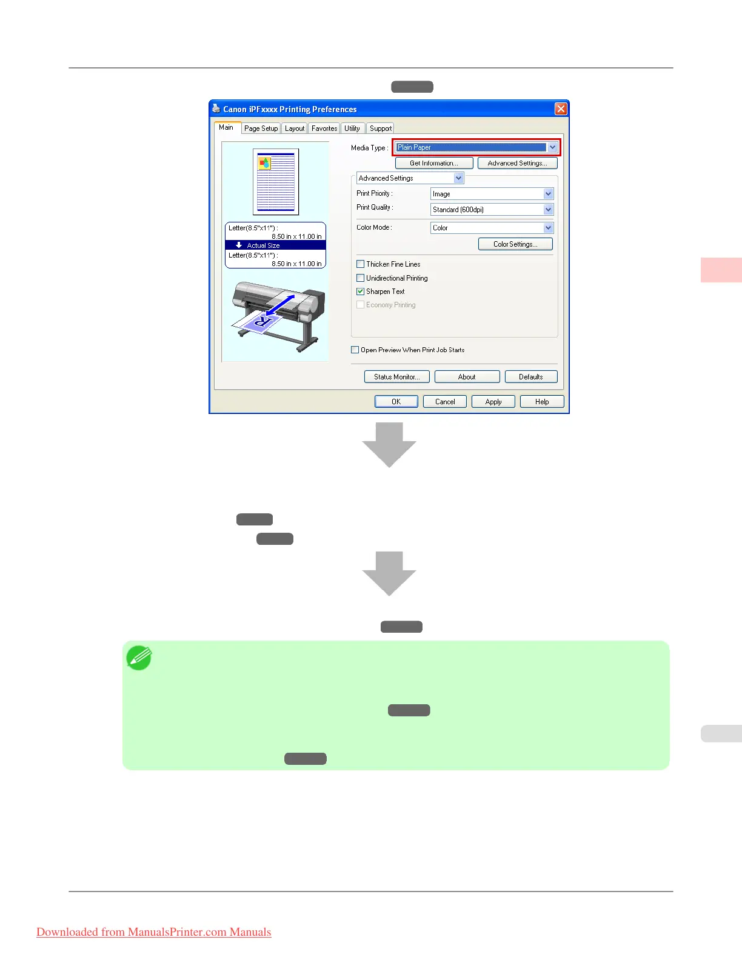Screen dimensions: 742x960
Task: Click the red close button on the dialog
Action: tap(561, 109)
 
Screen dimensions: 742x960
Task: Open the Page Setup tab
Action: tap(261, 128)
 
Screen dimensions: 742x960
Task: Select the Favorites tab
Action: tap(324, 128)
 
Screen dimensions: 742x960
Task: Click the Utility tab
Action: tap(352, 128)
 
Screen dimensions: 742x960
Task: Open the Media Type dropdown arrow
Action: tap(552, 147)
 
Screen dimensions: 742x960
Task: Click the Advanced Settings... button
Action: tap(517, 163)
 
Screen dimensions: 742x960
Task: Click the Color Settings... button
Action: tap(515, 244)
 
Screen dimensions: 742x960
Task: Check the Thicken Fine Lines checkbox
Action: tap(361, 264)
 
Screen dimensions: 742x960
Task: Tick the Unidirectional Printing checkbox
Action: tap(361, 278)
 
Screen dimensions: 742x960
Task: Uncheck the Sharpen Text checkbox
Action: tap(361, 292)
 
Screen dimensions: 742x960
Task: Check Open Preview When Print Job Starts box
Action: tap(355, 350)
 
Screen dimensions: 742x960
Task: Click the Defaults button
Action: tap(530, 377)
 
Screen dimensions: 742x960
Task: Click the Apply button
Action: tap(493, 402)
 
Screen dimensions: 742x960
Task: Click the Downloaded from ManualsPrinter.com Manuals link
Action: tap(154, 932)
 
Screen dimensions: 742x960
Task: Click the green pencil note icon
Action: tap(139, 658)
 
